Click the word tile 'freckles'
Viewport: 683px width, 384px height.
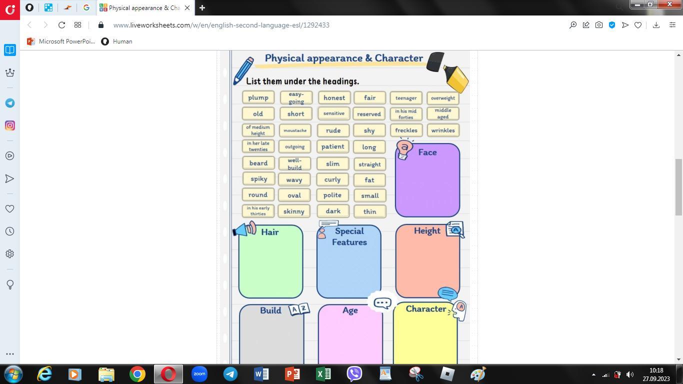(x=406, y=130)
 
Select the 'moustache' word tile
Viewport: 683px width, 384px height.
(x=295, y=130)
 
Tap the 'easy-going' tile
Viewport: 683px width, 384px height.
(x=296, y=97)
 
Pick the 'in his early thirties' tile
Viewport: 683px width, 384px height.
(x=258, y=211)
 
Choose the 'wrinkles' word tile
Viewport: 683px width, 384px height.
(x=443, y=130)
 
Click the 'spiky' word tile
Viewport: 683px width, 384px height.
(x=258, y=179)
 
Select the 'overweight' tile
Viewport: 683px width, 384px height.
(x=443, y=98)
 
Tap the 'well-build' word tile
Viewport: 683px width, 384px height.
(x=294, y=164)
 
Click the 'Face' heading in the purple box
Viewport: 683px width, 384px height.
(x=427, y=152)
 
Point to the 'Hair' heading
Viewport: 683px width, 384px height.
(x=269, y=232)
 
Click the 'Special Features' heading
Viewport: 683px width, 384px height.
(x=349, y=236)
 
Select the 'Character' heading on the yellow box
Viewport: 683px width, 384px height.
(x=425, y=309)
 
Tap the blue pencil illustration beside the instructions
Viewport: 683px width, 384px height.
(x=243, y=70)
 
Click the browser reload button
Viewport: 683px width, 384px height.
(x=61, y=25)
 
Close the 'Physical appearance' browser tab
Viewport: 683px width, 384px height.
(x=187, y=8)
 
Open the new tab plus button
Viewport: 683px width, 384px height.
(x=202, y=8)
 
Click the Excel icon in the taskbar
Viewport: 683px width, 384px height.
(x=323, y=374)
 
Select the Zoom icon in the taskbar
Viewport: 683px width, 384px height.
(x=199, y=374)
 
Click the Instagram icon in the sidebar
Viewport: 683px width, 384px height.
(x=10, y=125)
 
